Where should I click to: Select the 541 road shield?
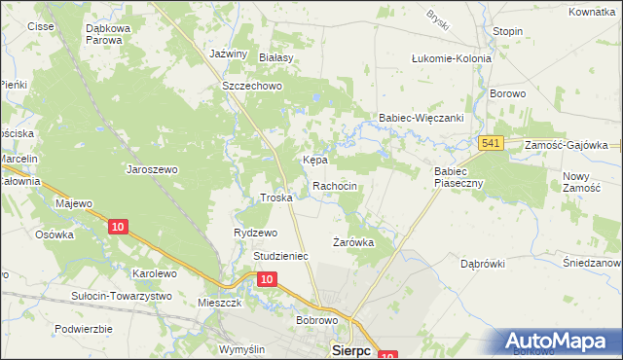[492, 144]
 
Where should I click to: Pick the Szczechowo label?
[252, 86]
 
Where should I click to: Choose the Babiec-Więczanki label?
[420, 118]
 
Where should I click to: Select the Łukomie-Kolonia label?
[452, 58]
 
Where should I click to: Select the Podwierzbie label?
[84, 329]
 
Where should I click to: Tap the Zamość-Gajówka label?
[566, 144]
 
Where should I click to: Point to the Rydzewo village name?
[256, 233]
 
